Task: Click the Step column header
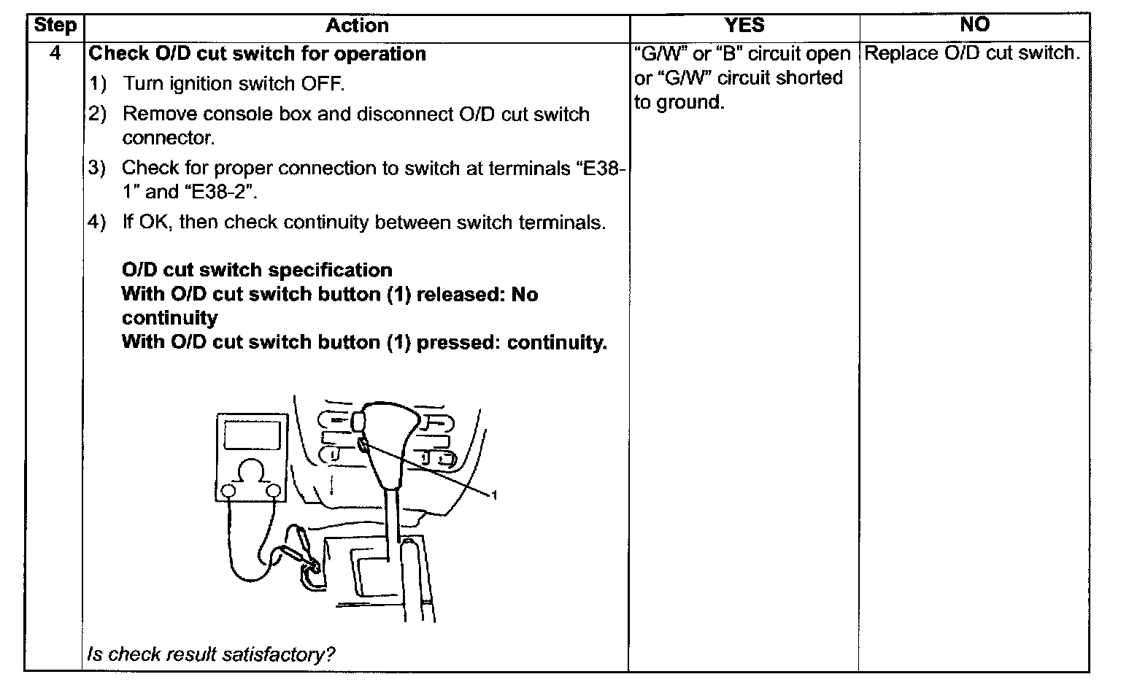[55, 26]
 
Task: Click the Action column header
[357, 26]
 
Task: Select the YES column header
[744, 26]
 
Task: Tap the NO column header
[974, 26]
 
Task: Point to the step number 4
[55, 53]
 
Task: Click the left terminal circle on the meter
[229, 492]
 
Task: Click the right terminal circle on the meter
[274, 492]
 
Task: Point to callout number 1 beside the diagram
[494, 496]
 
